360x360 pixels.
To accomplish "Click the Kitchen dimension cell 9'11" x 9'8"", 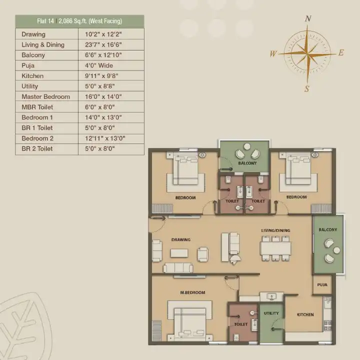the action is (101, 76).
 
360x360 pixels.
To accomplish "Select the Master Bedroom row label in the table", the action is (45, 96).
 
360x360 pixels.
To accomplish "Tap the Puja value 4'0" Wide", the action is (99, 65).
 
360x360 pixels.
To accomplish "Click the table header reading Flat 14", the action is (45, 21).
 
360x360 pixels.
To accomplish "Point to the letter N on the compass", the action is (308, 18).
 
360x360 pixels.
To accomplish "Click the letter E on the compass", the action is (341, 52).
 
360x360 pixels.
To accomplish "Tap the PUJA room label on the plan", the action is (322, 284).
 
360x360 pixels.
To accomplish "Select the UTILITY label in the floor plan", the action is (271, 313).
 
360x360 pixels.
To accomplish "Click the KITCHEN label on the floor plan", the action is (305, 314).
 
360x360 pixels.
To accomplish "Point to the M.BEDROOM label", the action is (192, 292).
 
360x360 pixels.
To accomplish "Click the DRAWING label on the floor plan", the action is (181, 239).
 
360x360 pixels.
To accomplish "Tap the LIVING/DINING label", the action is (275, 230).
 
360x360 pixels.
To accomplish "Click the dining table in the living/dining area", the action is (275, 248).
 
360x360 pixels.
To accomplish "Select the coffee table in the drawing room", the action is (179, 253).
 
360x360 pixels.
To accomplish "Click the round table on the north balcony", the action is (247, 146).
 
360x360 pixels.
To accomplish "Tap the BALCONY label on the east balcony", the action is (327, 229).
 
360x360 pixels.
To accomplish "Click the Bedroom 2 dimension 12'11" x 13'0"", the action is (105, 138).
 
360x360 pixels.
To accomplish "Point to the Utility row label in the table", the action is (30, 86).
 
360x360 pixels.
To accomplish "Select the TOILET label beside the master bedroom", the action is (241, 324).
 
